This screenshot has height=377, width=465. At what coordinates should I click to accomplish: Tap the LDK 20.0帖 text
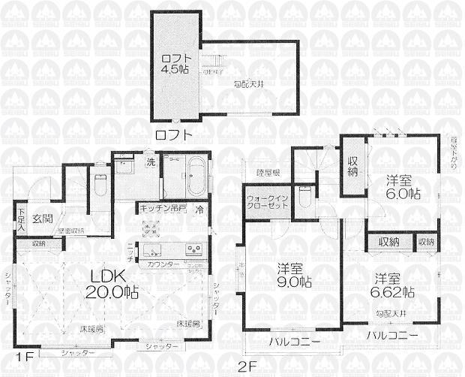pyautogui.click(x=113, y=282)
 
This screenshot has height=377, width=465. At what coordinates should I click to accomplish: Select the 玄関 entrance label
pyautogui.click(x=42, y=219)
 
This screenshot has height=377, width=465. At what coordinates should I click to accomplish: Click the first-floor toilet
pyautogui.click(x=102, y=184)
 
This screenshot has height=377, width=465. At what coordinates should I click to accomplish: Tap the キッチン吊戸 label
pyautogui.click(x=163, y=209)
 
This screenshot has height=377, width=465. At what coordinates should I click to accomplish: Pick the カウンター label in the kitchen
pyautogui.click(x=163, y=264)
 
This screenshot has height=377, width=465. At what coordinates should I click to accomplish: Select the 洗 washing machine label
pyautogui.click(x=150, y=161)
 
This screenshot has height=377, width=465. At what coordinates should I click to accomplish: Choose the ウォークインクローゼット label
pyautogui.click(x=265, y=203)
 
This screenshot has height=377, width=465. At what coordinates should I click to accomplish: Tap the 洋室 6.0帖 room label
pyautogui.click(x=403, y=186)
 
